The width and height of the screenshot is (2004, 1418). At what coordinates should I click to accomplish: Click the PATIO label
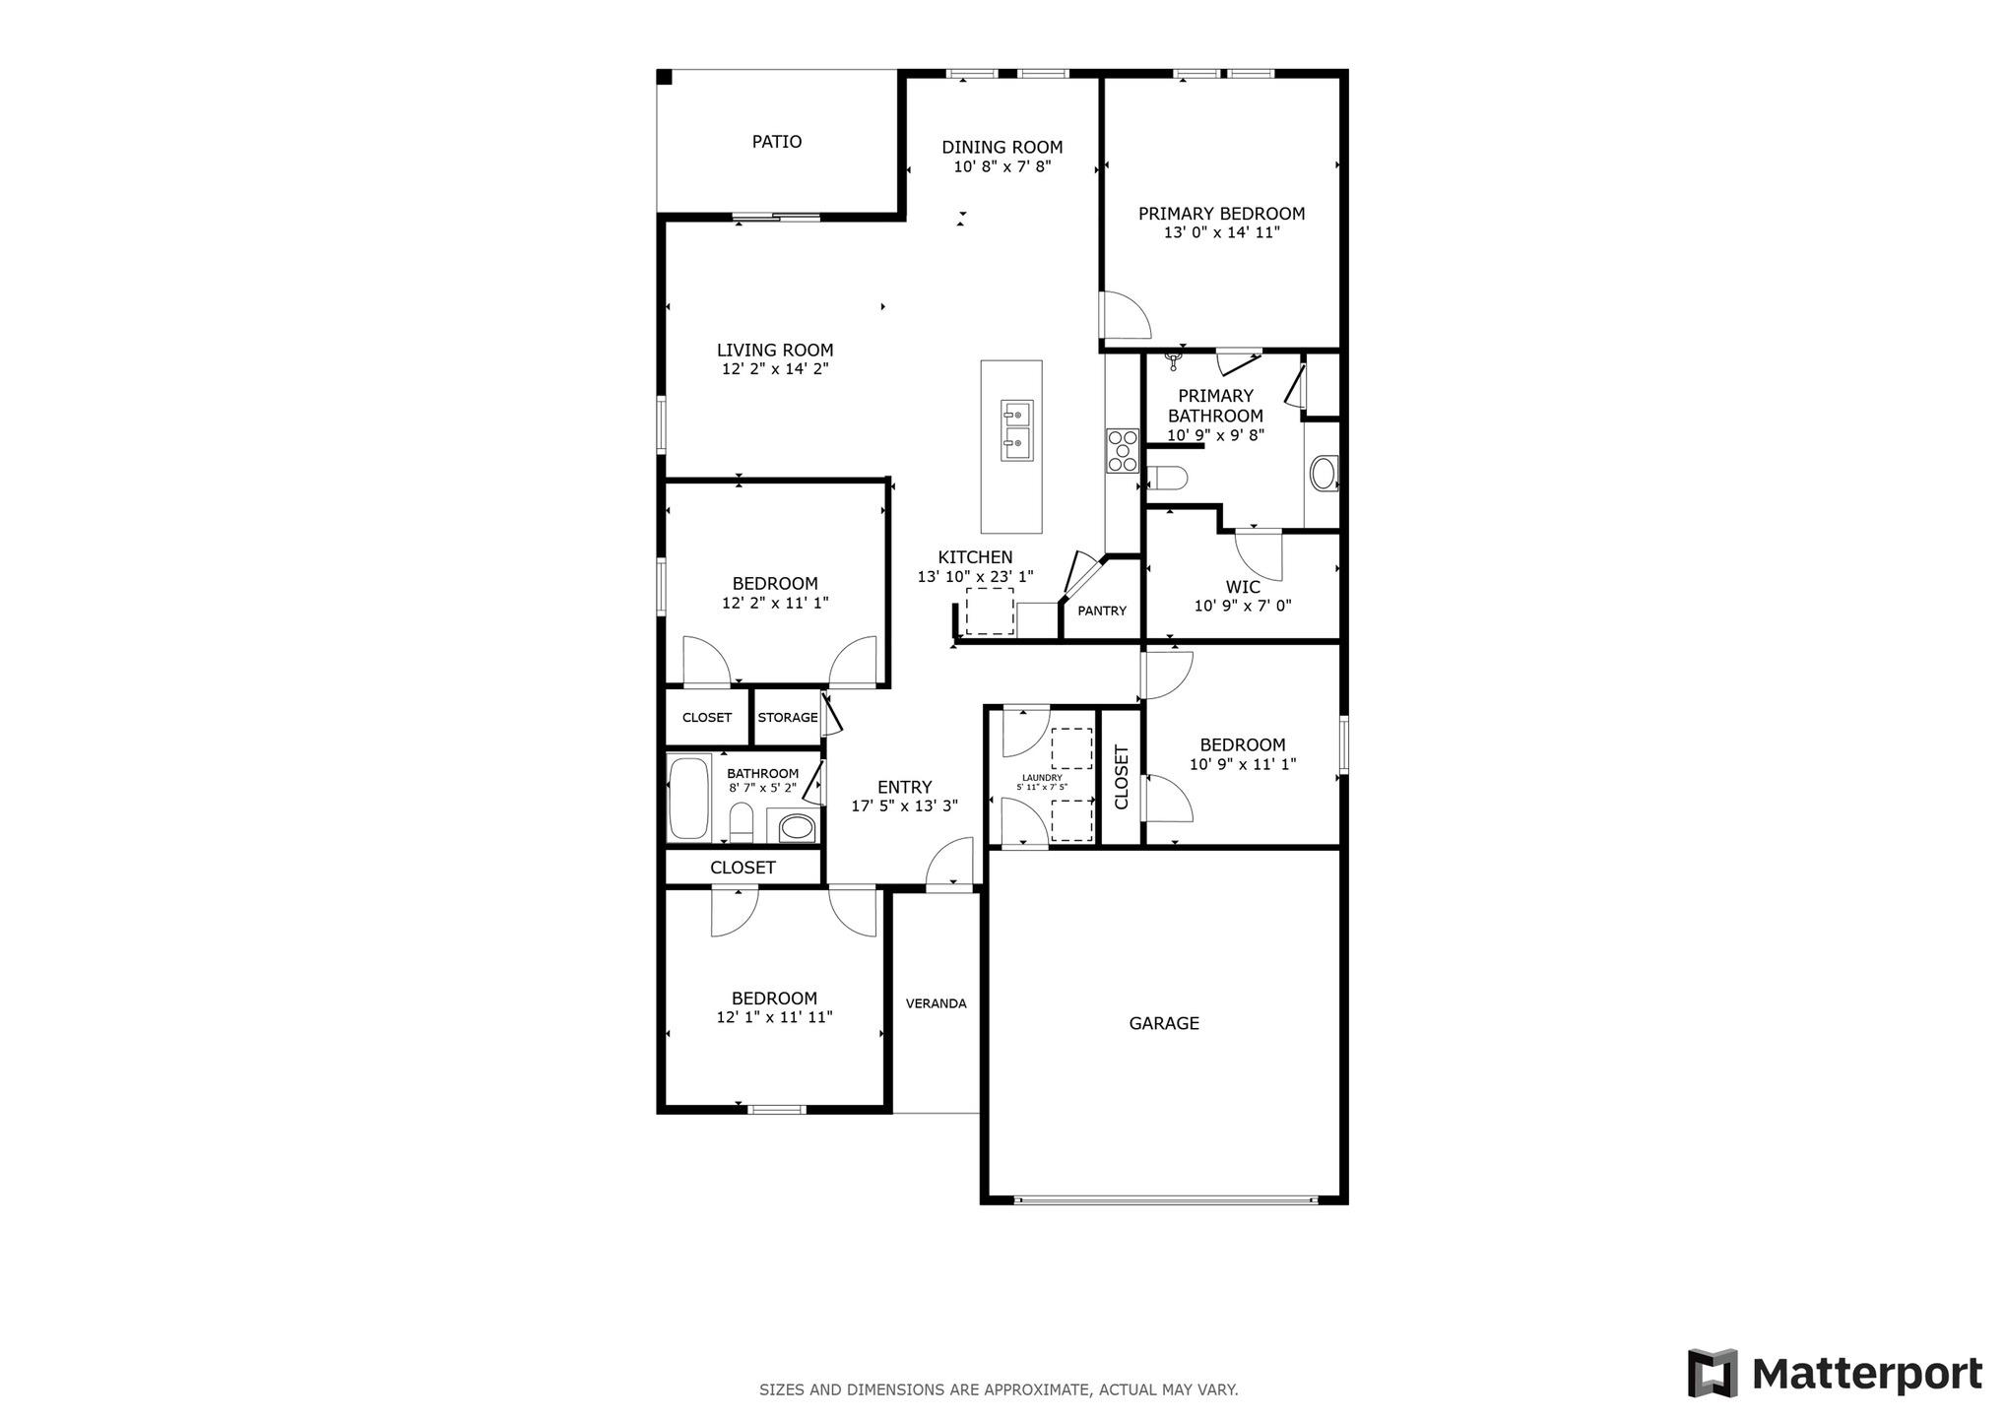[x=776, y=142]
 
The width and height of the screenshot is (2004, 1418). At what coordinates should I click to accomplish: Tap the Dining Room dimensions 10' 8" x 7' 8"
[x=1002, y=167]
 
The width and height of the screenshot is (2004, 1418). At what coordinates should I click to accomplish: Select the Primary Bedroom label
[x=1221, y=214]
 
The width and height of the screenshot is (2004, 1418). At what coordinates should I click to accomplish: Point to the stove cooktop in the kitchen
[x=1122, y=451]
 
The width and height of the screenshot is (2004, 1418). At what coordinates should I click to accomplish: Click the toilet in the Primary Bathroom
[x=1168, y=479]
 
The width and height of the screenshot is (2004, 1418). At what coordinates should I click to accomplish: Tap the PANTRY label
[x=1101, y=611]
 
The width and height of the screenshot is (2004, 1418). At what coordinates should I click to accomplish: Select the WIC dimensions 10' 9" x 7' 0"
[x=1243, y=607]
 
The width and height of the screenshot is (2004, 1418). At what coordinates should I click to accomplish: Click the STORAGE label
[x=787, y=717]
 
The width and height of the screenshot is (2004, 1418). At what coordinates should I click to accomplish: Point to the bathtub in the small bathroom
[x=689, y=798]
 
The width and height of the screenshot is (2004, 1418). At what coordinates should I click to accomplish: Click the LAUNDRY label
[x=1041, y=778]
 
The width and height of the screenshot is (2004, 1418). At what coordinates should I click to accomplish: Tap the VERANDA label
[x=936, y=1003]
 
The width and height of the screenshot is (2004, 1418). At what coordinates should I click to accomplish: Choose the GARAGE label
[x=1163, y=1023]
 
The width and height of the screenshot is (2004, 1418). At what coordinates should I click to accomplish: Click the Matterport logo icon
[x=1712, y=1373]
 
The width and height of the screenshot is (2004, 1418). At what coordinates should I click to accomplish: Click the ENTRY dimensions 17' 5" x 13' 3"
[x=903, y=806]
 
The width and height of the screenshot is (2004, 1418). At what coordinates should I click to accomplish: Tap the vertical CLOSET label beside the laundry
[x=1121, y=777]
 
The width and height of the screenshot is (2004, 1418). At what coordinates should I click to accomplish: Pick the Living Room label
[x=774, y=350]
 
